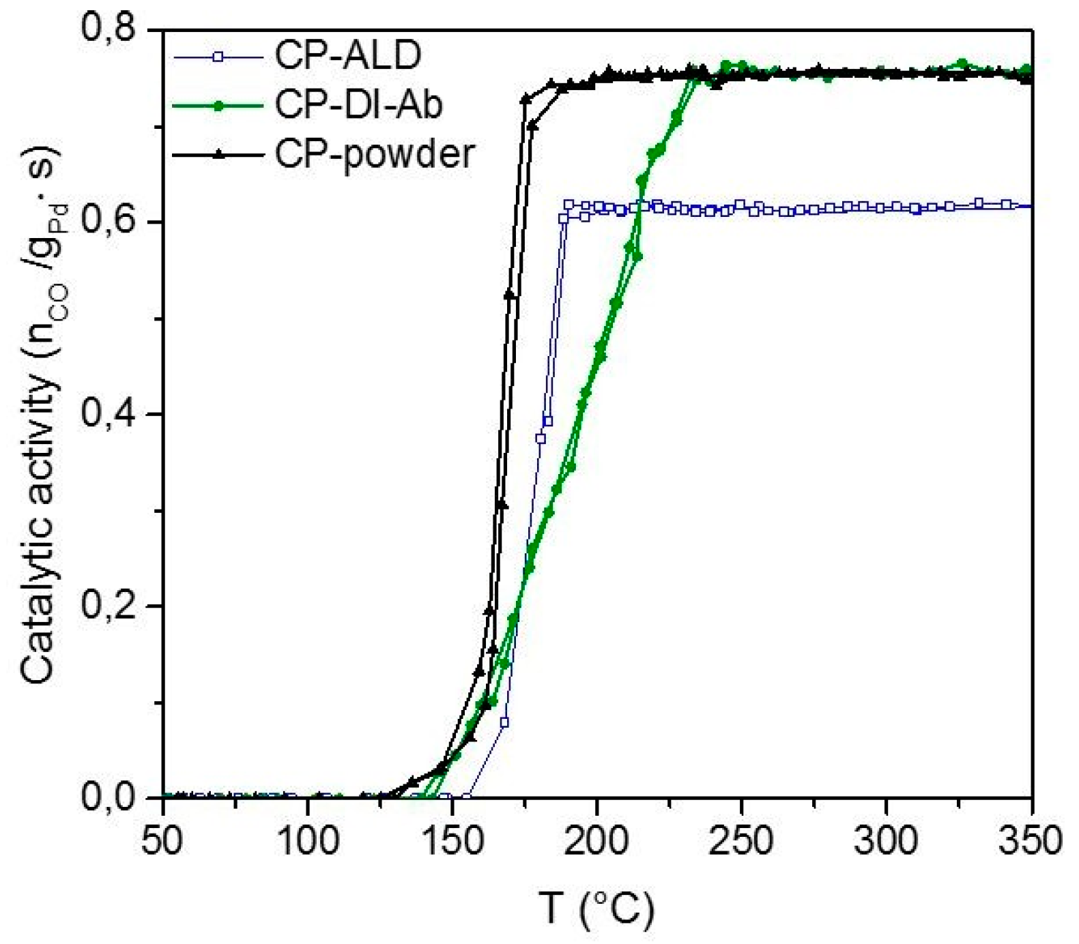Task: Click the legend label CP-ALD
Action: click(x=347, y=55)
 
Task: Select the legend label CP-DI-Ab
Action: click(x=358, y=104)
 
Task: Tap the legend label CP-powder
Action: click(x=374, y=154)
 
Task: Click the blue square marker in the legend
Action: click(x=218, y=57)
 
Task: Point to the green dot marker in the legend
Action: click(x=218, y=106)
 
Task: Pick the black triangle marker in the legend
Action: click(x=218, y=155)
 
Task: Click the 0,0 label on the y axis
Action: click(x=109, y=796)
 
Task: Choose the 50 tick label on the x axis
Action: click(x=162, y=840)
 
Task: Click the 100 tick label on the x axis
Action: click(x=308, y=840)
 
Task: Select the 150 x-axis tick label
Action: click(x=452, y=840)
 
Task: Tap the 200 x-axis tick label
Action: click(x=597, y=840)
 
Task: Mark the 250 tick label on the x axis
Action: click(x=742, y=840)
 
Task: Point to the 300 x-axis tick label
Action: click(x=887, y=840)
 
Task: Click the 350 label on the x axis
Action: click(x=1030, y=840)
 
